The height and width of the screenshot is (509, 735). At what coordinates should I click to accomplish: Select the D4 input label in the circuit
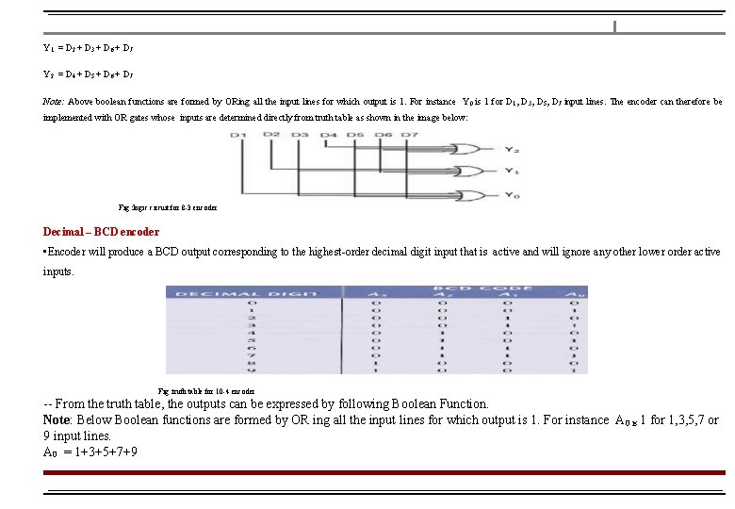pyautogui.click(x=328, y=136)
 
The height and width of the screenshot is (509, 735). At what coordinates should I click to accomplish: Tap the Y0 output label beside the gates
pyautogui.click(x=510, y=195)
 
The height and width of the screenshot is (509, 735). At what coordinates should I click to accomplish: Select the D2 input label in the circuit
pyautogui.click(x=271, y=135)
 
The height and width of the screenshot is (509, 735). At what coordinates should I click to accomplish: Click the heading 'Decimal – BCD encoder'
pyautogui.click(x=101, y=232)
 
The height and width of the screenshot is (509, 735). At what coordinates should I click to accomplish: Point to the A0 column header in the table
pyautogui.click(x=572, y=294)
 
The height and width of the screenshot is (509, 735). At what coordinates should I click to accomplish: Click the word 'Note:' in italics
pyautogui.click(x=53, y=101)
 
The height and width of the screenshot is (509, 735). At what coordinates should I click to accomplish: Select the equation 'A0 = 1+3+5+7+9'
pyautogui.click(x=90, y=452)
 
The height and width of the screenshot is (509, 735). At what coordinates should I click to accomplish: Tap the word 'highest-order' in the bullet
pyautogui.click(x=355, y=253)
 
